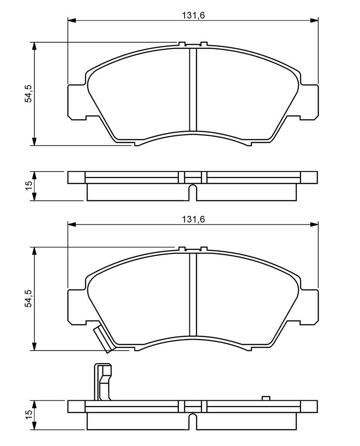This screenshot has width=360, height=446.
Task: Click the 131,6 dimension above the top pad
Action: click(x=193, y=15)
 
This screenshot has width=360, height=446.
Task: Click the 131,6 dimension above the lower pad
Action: click(x=193, y=220)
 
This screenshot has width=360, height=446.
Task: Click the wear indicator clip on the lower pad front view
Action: click(x=103, y=339)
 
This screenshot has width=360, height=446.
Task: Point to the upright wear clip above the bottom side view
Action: click(x=103, y=382)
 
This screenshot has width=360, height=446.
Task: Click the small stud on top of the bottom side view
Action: click(x=266, y=398)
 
